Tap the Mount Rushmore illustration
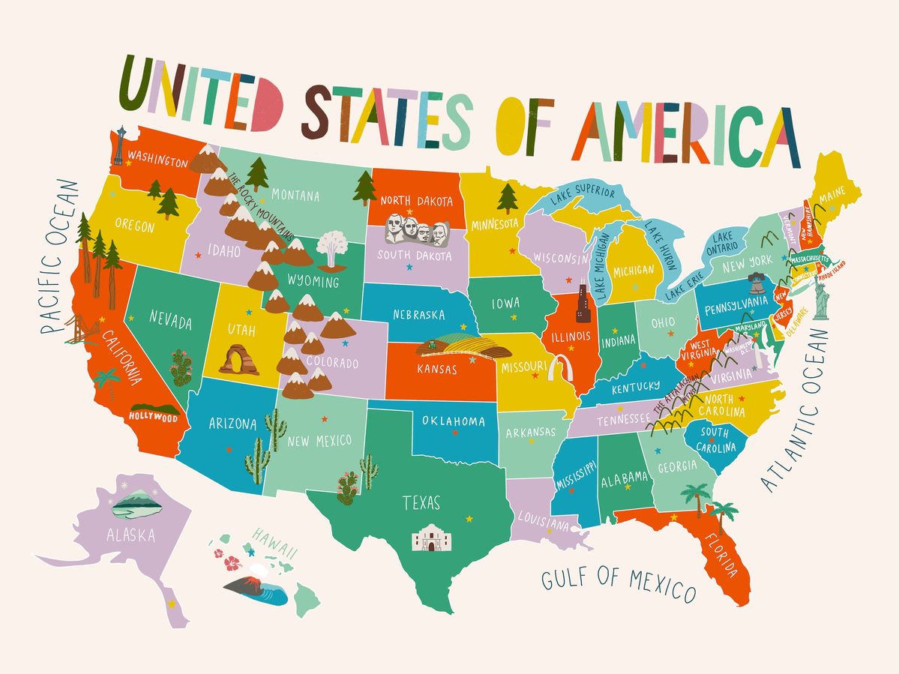(417, 229)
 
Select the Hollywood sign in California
(154, 414)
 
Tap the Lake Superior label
(582, 197)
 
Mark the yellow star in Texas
(470, 519)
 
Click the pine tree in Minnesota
(508, 198)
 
